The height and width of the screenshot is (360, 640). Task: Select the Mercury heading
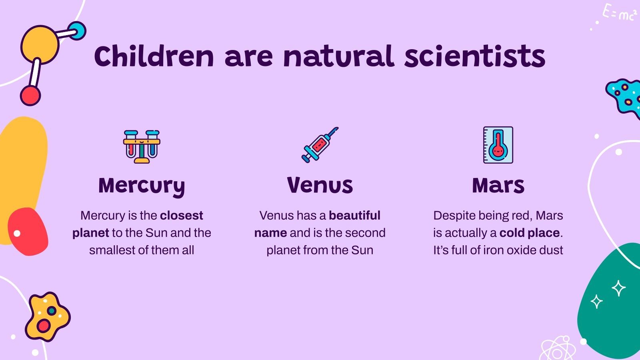coord(142,186)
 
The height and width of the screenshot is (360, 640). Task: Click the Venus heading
coord(320,185)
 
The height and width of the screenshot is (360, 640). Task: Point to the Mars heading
coord(498,185)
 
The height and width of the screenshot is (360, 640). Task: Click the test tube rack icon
coord(142,146)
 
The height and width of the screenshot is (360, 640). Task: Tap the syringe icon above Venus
coord(320,145)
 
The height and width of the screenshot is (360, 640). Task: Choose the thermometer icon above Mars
coord(498,145)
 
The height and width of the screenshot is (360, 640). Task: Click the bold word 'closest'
coord(181,216)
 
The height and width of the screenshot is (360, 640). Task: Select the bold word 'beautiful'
coord(354,216)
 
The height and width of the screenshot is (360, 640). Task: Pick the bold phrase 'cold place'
coord(530,233)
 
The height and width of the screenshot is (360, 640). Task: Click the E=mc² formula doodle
coord(619,13)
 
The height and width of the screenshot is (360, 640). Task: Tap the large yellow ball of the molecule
coord(39,44)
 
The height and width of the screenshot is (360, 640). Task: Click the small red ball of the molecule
coord(30,96)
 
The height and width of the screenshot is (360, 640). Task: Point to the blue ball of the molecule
coord(76,31)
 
